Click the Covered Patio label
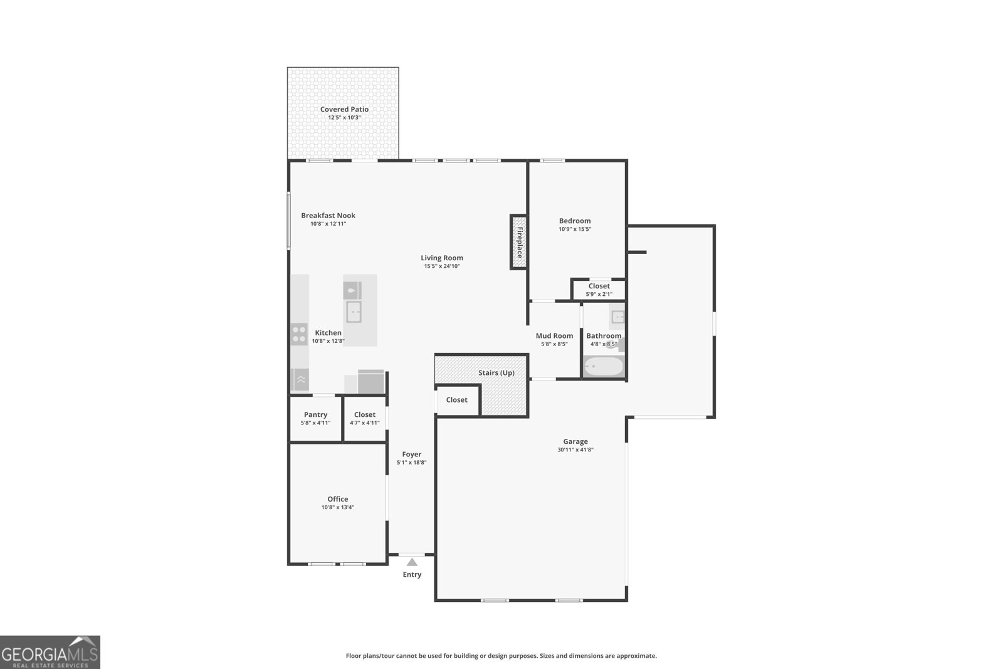click(x=344, y=109)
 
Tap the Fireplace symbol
click(x=518, y=243)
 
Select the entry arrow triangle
click(x=412, y=562)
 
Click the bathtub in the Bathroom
click(x=604, y=366)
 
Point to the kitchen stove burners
click(x=299, y=334)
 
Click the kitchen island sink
click(x=354, y=312)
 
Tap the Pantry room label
click(x=315, y=414)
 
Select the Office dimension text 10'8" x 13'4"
click(x=337, y=507)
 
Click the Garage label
click(x=575, y=441)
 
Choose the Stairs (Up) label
click(x=496, y=372)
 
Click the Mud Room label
click(x=554, y=336)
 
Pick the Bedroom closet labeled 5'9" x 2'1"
click(x=599, y=290)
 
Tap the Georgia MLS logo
click(x=50, y=652)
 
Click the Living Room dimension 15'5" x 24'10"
click(x=442, y=266)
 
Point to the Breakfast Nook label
click(x=328, y=215)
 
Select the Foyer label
click(x=411, y=454)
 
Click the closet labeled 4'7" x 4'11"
click(x=364, y=418)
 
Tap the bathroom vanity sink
click(x=617, y=317)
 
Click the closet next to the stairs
click(x=457, y=400)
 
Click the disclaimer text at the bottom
click(x=501, y=656)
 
